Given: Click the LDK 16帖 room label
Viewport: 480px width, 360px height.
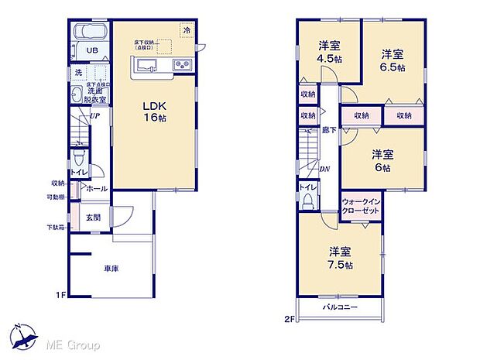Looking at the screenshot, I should (154, 111).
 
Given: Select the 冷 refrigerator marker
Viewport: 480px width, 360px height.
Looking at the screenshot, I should (186, 29).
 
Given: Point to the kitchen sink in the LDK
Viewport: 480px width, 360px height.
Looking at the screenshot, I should (149, 63).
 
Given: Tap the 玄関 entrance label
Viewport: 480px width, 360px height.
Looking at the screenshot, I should (93, 218).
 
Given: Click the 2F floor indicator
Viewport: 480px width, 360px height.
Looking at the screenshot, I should (290, 317).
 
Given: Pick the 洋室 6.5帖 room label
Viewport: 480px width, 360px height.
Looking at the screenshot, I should (393, 59).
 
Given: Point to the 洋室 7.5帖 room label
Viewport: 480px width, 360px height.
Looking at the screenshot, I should (341, 258).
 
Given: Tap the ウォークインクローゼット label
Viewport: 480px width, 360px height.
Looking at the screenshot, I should (360, 206).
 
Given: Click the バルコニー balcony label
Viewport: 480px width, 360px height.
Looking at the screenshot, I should (341, 307).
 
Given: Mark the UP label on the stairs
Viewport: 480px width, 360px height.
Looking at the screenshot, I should (93, 117).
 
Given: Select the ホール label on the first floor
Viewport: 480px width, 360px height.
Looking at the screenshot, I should (96, 188).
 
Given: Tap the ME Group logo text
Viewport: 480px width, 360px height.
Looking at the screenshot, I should (71, 343).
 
